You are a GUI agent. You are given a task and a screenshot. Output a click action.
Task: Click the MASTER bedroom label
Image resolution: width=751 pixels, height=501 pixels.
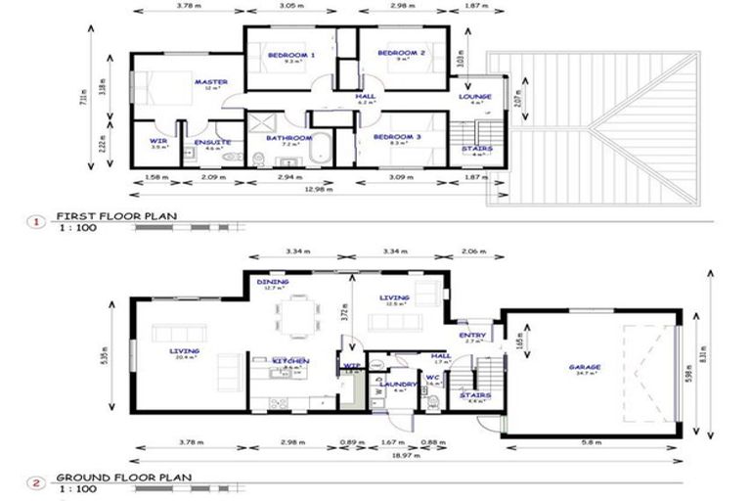pos(210,82)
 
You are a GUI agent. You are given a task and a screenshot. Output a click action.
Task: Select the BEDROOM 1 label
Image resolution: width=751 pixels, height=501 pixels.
pos(290,54)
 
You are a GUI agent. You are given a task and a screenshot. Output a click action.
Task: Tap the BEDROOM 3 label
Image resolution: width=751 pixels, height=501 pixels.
pos(400,138)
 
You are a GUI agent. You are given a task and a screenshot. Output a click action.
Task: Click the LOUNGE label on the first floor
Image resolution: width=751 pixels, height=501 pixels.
pos(475,96)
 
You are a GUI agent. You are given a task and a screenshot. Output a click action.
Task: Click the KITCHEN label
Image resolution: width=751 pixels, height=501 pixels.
pos(290,361)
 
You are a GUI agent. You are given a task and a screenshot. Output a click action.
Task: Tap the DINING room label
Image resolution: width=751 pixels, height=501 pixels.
pos(273,282)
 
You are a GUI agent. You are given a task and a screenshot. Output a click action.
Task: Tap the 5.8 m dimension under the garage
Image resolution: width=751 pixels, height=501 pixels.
pos(589,443)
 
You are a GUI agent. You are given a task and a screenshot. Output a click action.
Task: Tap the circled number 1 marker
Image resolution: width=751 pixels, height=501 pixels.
pos(37,221)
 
